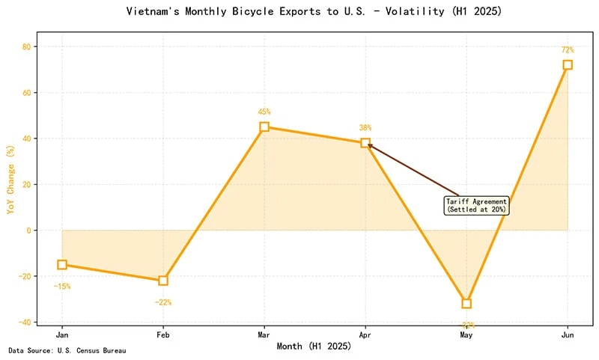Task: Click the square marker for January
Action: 62,264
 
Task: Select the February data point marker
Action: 163,281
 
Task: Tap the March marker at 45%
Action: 264,127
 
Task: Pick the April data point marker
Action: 365,143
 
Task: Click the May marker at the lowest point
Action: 466,303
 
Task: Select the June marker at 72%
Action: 568,65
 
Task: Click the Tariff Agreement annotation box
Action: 477,206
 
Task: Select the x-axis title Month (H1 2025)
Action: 314,346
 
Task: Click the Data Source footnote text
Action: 67,350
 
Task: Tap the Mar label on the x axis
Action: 264,335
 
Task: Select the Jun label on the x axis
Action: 568,335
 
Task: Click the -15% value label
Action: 61,287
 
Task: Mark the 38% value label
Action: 365,128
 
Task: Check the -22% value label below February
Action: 162,302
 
